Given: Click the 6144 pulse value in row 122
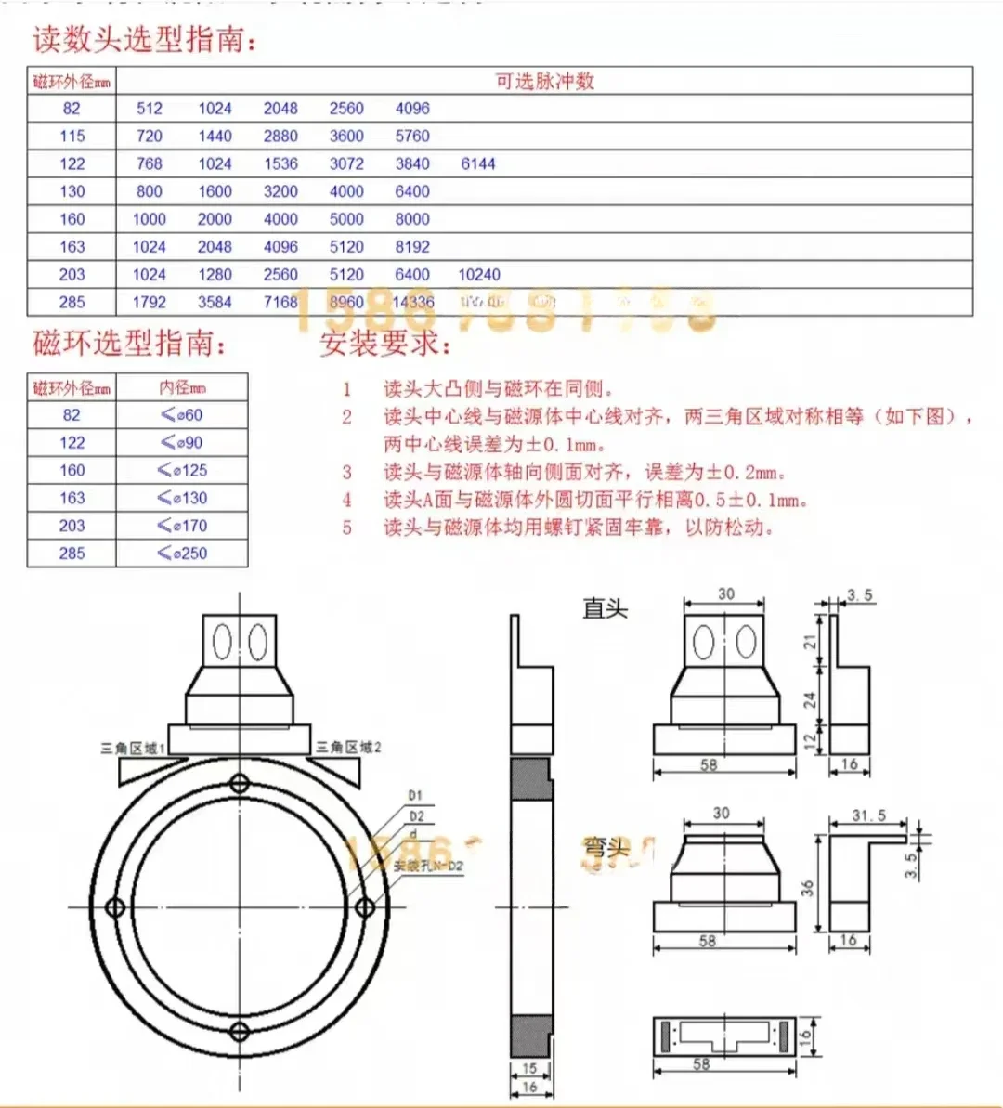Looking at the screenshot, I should (x=478, y=163).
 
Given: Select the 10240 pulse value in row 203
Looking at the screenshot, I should (x=479, y=275).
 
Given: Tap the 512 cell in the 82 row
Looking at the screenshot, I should (x=149, y=108).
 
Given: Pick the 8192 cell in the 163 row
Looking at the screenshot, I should (x=412, y=247).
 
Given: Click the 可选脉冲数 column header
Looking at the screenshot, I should (x=544, y=81).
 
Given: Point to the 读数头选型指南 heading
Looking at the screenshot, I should (x=145, y=40).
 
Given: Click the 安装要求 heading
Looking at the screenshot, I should (x=385, y=344).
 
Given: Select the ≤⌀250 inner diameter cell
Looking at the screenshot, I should (x=182, y=554).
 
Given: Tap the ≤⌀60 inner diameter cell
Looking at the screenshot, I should (x=182, y=415).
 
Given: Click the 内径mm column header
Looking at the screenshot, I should (x=182, y=387).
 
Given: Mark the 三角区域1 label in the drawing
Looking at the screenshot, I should (x=133, y=748).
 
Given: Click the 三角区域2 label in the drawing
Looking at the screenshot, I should (x=348, y=747).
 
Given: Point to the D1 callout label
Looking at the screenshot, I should (x=415, y=796).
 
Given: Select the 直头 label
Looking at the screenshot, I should (x=606, y=608).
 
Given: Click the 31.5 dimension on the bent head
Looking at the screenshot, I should (x=868, y=815).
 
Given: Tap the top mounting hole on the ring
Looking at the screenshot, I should (x=240, y=783).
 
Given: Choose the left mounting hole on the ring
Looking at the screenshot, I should (x=116, y=906).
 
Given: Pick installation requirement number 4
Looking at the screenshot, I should (x=594, y=500).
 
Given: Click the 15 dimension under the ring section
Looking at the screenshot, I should (x=529, y=1069).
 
